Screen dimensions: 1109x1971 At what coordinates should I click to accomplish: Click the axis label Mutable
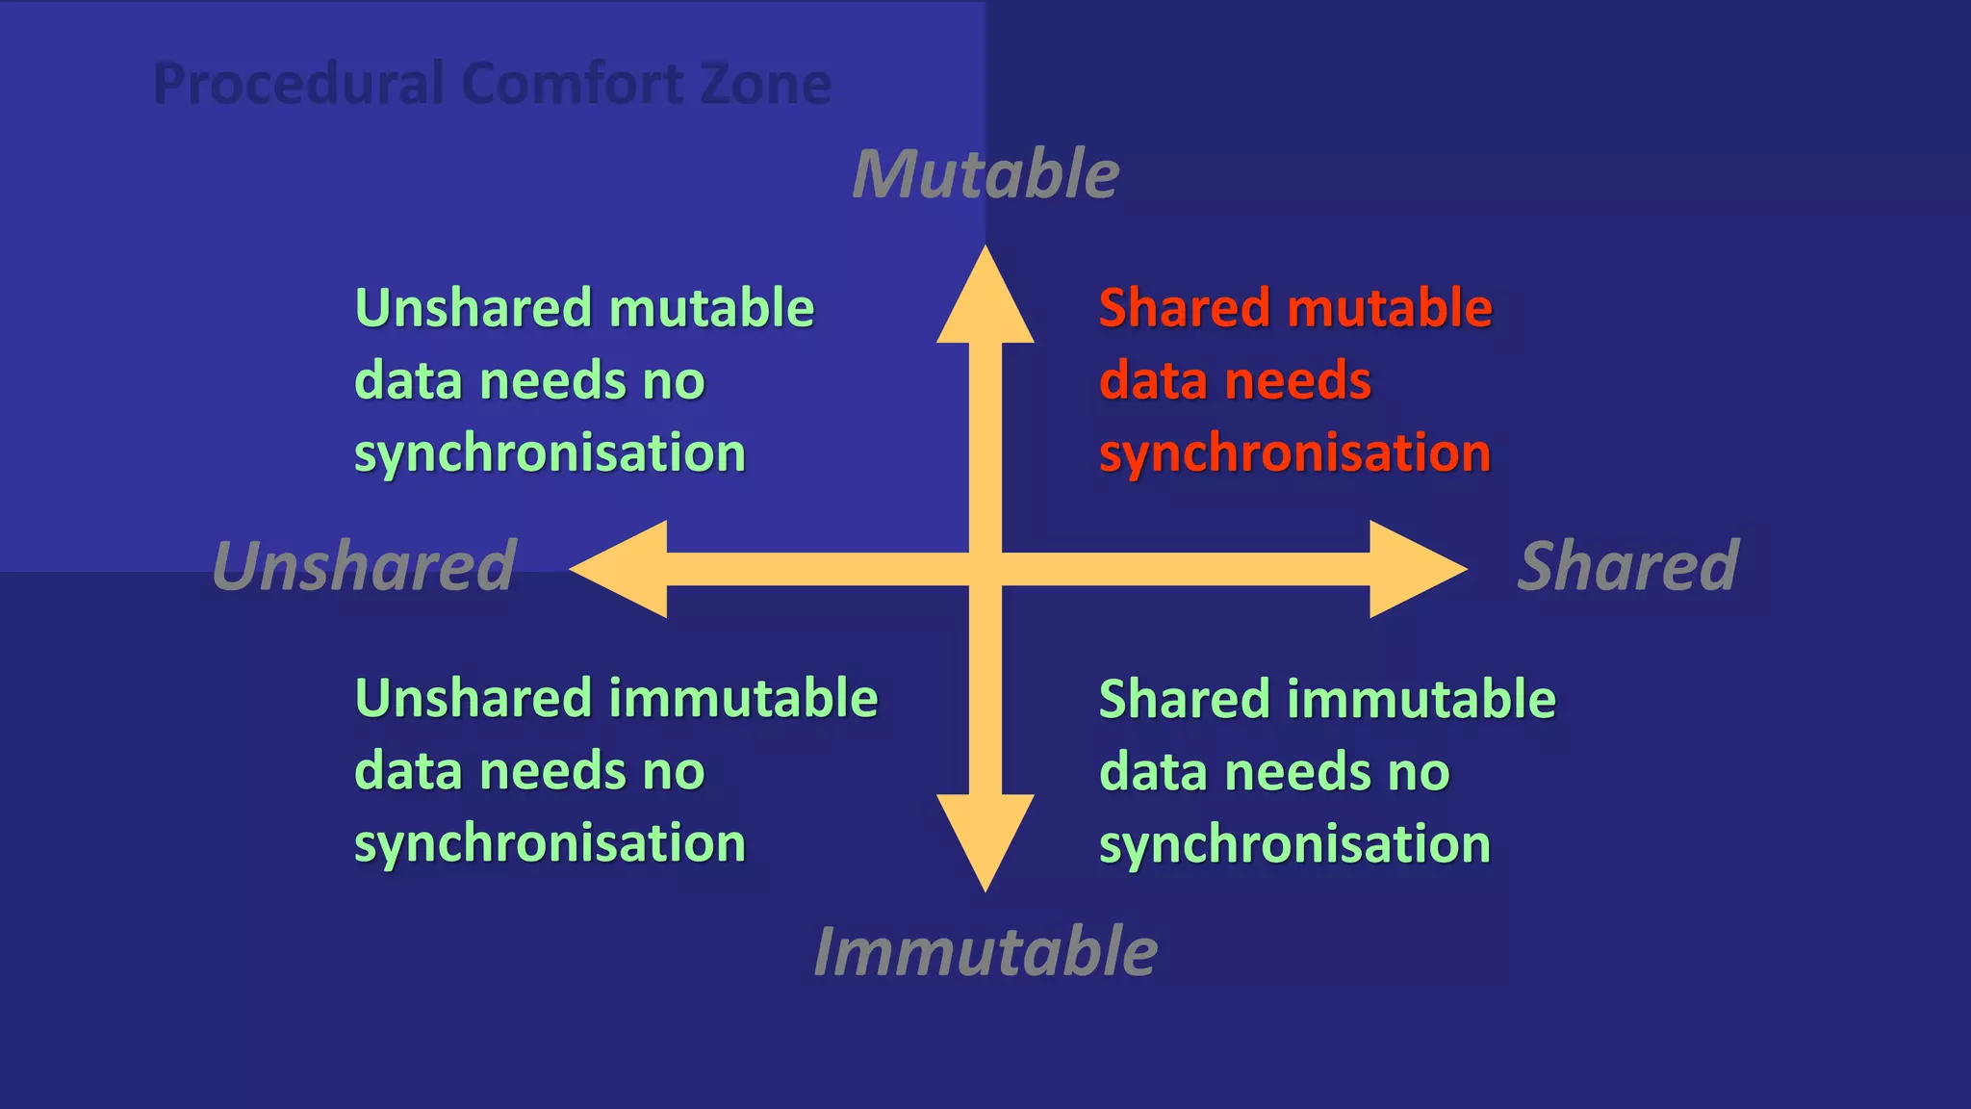click(985, 175)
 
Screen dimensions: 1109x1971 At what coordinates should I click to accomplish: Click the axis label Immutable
click(985, 952)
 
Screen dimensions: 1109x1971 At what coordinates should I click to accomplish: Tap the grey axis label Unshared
click(364, 566)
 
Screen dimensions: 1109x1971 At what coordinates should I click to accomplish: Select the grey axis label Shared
click(1628, 566)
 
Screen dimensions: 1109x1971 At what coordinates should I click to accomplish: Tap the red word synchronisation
click(1294, 454)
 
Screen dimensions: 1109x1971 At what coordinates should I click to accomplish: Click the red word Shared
click(1185, 309)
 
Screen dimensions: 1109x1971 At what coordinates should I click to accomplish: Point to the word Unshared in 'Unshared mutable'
click(473, 309)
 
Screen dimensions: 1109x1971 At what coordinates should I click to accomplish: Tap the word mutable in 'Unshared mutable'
click(711, 309)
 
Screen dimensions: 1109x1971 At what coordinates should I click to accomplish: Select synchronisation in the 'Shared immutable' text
click(1294, 844)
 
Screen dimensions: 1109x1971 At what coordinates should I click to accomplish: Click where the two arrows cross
click(985, 569)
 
